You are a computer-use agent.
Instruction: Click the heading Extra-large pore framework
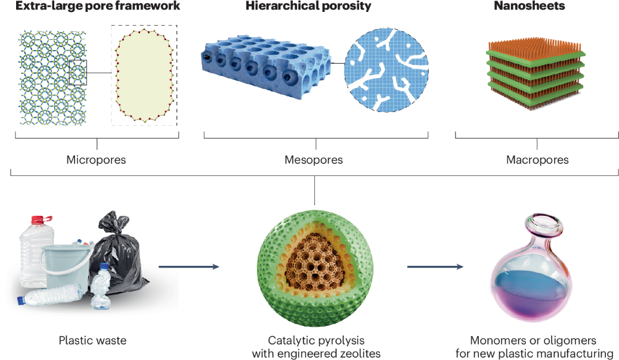click(89, 7)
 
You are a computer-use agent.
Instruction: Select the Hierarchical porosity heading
click(308, 7)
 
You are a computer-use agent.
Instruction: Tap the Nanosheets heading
click(529, 7)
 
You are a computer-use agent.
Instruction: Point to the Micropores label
click(97, 160)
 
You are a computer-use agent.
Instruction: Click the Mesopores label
click(314, 160)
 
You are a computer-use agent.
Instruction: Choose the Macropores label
click(537, 160)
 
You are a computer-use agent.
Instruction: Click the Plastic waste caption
click(92, 341)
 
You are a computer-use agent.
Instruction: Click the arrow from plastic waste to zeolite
click(188, 266)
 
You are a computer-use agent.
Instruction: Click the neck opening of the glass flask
click(547, 225)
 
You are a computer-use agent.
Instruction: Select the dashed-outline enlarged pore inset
click(144, 75)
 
